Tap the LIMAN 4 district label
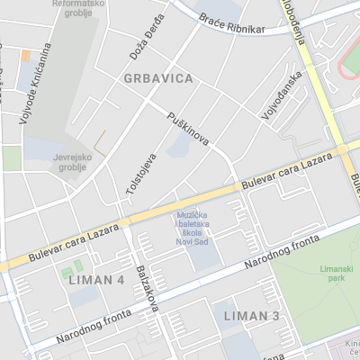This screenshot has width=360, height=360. [x=96, y=280]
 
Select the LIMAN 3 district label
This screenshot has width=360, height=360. [x=252, y=316]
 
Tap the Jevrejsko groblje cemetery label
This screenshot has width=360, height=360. [x=72, y=161]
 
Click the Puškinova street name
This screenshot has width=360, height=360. [x=188, y=130]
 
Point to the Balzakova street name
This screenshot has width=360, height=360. [x=147, y=288]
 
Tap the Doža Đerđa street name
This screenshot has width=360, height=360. [x=148, y=38]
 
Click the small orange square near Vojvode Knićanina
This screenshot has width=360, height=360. [x=26, y=55]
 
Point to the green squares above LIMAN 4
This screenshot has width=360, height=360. [x=72, y=268]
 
